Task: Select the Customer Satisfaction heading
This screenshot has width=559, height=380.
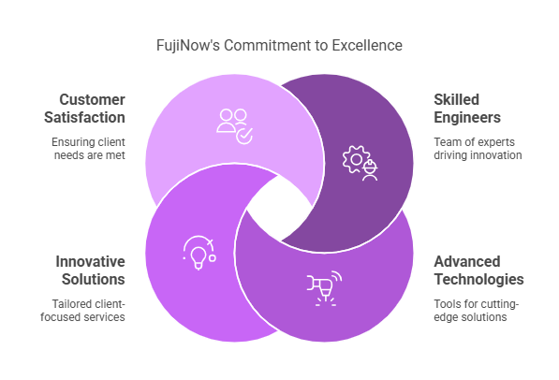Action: (84, 109)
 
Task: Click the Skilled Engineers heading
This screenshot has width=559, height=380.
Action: (467, 109)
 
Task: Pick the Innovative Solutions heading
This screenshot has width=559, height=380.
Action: (90, 270)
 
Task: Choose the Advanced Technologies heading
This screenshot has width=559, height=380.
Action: (478, 270)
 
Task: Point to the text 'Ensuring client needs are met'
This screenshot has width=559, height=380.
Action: (88, 148)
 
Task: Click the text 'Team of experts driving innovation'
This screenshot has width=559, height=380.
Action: (478, 148)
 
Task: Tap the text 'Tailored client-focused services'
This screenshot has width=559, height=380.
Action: (82, 310)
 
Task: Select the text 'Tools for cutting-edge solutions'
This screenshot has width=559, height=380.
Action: (477, 310)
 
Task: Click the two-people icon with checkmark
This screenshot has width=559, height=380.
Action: (235, 126)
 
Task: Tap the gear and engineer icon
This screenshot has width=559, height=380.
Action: (360, 163)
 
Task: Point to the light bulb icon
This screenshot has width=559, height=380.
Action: (199, 253)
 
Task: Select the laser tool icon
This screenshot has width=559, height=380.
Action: (324, 288)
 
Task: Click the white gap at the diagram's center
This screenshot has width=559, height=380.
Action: (279, 208)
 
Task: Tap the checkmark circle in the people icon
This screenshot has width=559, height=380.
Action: (244, 136)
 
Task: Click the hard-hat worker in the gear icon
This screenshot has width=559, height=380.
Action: (370, 170)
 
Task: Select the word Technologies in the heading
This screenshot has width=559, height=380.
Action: (478, 279)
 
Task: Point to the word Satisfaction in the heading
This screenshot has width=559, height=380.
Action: (84, 117)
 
